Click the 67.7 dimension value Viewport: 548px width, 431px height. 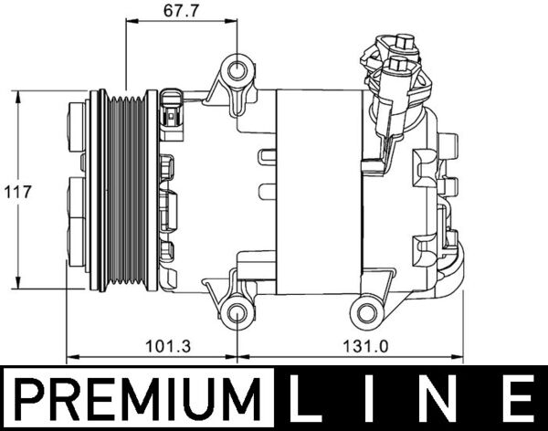(181, 10)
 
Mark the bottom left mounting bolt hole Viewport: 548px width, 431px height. (237, 313)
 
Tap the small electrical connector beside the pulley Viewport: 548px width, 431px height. (172, 110)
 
